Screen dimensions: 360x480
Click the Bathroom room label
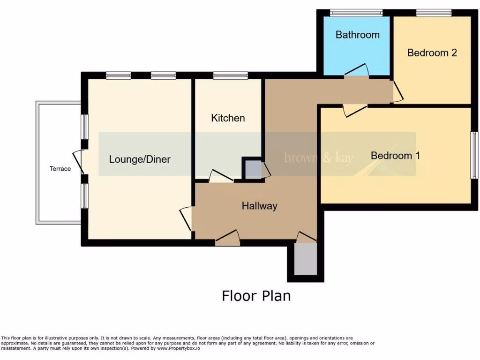[x=357, y=35]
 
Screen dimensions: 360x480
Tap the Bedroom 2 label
[x=432, y=52]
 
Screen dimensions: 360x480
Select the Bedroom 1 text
[x=395, y=155]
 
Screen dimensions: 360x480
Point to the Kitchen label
[x=228, y=118]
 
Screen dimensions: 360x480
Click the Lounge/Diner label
[x=140, y=159]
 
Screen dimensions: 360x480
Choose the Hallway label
[x=259, y=206]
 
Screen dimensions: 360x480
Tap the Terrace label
[x=60, y=169]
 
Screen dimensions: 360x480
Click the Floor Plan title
[x=256, y=296]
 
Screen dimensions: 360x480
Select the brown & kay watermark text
[x=319, y=158]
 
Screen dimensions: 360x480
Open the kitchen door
[x=221, y=177]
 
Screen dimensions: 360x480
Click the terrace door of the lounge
[x=78, y=162]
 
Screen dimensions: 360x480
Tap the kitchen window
[x=230, y=75]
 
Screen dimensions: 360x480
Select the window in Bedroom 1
[x=474, y=155]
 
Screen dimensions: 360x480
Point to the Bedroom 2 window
[x=434, y=13]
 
